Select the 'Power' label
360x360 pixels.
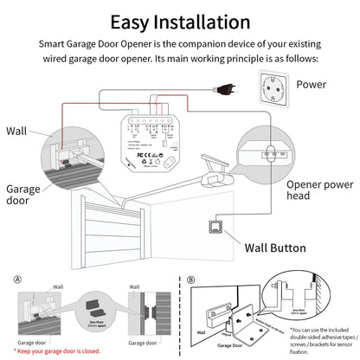click(x=311, y=85)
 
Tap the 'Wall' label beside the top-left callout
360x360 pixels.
click(x=16, y=131)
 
